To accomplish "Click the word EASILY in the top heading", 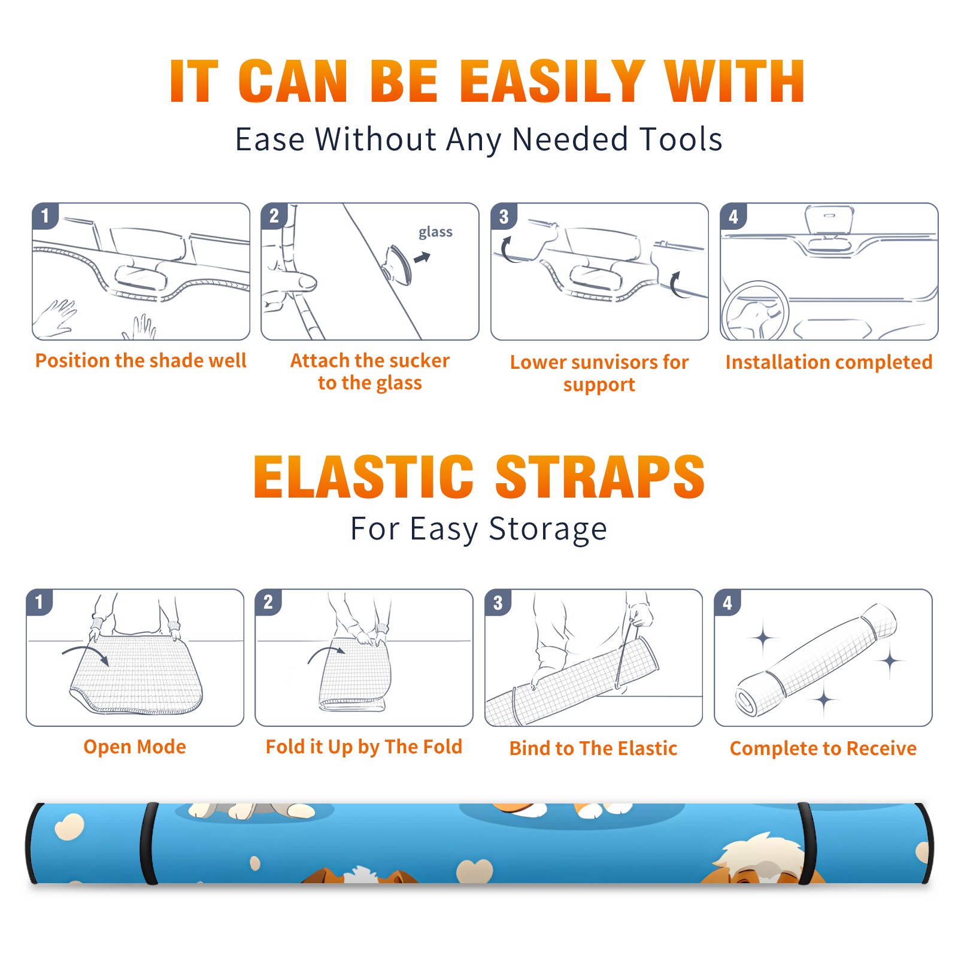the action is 553,81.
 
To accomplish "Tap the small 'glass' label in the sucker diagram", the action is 435,232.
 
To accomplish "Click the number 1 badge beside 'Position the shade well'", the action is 46,216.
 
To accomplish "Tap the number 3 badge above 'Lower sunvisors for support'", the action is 504,216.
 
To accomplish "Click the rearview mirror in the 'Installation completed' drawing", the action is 829,221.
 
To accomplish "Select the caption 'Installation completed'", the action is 829,362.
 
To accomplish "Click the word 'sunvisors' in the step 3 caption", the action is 613,362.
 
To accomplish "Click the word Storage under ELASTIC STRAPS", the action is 548,529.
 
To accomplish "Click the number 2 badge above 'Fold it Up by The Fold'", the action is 268,602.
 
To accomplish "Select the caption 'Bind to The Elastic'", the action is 593,748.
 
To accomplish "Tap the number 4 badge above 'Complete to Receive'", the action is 727,602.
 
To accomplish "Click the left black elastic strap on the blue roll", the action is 149,843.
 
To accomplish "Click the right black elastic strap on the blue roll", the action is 804,843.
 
